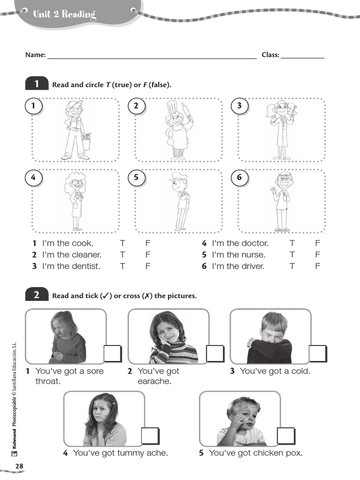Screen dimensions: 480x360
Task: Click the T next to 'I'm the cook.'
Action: coord(122,243)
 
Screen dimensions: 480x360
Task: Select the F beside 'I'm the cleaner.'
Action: coord(148,255)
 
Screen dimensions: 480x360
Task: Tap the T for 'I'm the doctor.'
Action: coord(292,243)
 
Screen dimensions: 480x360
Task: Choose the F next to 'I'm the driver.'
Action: coord(317,266)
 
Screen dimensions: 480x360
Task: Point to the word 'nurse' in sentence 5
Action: coord(253,255)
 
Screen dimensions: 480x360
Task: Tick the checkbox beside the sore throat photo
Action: coord(112,353)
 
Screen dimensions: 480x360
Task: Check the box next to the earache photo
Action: coord(215,353)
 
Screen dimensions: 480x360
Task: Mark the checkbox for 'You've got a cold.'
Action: coord(317,353)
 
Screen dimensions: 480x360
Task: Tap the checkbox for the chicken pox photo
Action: coord(285,436)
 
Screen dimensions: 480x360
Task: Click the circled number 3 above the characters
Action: coord(239,106)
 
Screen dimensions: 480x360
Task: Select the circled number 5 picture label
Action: coord(136,177)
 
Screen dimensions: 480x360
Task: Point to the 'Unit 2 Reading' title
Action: coord(64,15)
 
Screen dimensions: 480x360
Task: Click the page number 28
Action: coord(19,466)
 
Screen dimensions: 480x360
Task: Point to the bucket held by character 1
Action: coord(86,142)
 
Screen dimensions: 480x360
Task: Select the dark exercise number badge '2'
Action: coord(37,295)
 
